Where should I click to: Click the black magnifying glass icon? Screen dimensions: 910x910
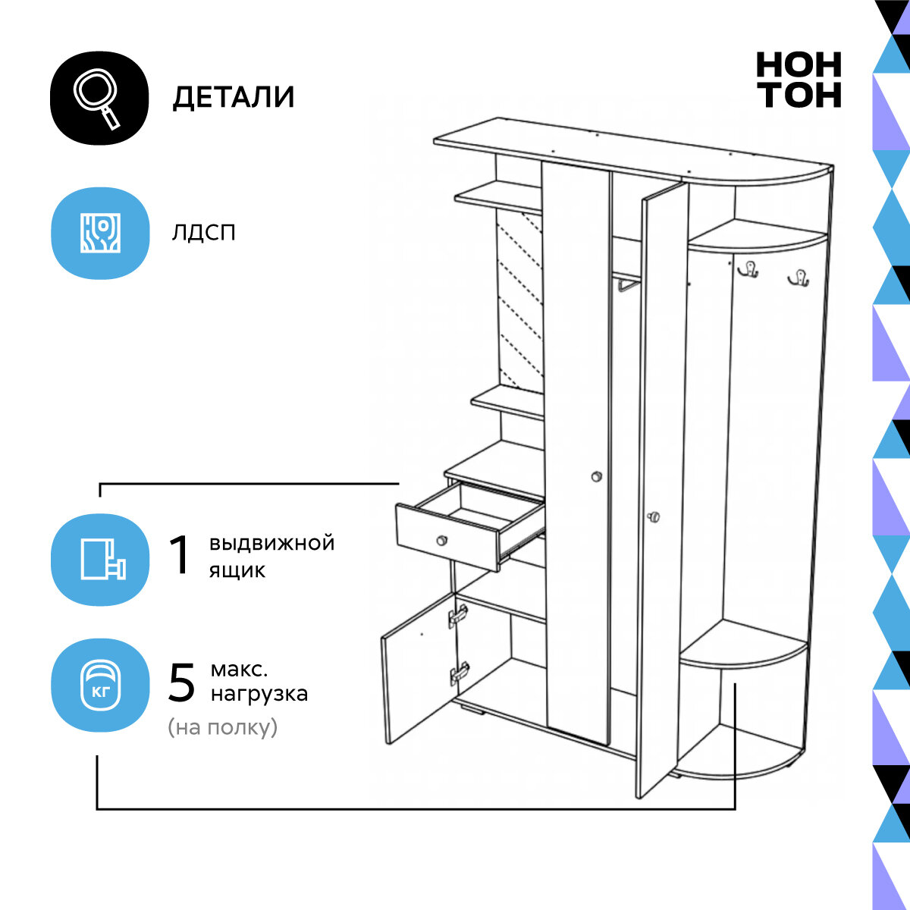click(99, 98)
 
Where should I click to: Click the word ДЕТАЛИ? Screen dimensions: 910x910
click(234, 98)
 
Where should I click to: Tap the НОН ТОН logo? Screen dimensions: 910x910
click(799, 80)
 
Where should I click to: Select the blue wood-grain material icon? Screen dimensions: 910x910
click(99, 233)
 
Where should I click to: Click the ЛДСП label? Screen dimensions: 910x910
click(203, 232)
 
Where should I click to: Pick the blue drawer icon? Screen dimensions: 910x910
click(99, 559)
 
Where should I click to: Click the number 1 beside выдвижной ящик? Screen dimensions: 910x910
click(180, 556)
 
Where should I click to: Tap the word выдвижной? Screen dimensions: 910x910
click(271, 543)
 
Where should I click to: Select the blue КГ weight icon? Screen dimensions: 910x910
click(99, 685)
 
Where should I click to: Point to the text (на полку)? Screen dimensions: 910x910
click(223, 728)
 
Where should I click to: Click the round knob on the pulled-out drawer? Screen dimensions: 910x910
click(441, 540)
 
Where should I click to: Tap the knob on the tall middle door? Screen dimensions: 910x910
click(596, 476)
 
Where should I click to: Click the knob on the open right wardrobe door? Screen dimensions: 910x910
click(654, 517)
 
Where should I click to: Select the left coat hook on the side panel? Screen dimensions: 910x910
click(749, 269)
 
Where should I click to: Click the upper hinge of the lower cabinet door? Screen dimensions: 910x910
click(458, 615)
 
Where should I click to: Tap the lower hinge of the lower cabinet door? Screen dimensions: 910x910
click(459, 673)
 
